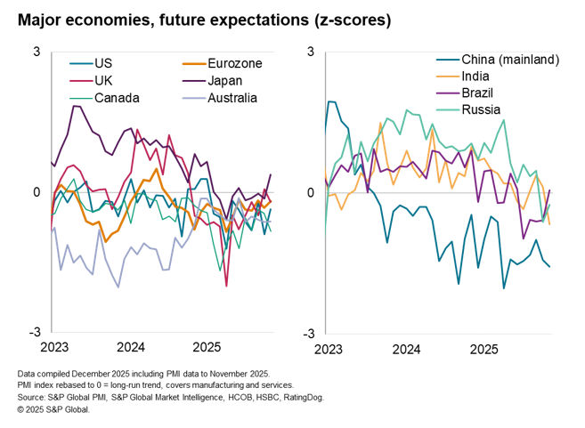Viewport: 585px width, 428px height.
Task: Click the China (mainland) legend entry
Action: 509,60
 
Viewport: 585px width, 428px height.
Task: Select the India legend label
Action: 477,77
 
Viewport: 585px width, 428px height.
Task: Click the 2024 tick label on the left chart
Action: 131,346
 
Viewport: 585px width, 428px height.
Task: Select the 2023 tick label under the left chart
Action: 55,346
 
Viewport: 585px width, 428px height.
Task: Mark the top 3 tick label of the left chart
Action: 37,52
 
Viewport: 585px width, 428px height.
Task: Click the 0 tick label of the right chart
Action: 311,192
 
